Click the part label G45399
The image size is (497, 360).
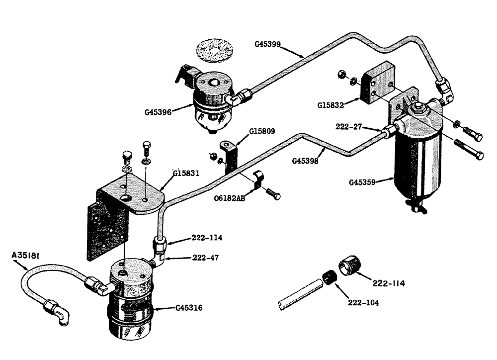(268, 44)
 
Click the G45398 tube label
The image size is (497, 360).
(305, 161)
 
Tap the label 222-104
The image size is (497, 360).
(363, 302)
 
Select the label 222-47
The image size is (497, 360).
(205, 258)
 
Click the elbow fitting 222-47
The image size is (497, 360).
(161, 257)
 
